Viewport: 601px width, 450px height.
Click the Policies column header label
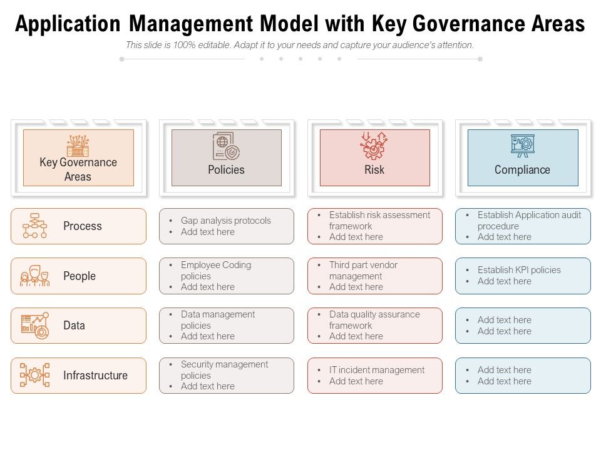tap(226, 170)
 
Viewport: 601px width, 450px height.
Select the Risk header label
tap(374, 170)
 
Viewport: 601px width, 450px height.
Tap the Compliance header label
tap(522, 170)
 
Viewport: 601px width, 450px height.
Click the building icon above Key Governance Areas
tap(78, 146)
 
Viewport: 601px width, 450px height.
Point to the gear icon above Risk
tap(374, 146)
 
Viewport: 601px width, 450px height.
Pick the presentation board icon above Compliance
tap(523, 146)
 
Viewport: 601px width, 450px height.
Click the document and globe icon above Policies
tap(226, 147)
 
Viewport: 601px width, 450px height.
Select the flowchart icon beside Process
tap(35, 226)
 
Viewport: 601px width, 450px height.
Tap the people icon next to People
tap(35, 276)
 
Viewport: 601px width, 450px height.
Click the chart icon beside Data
tap(35, 326)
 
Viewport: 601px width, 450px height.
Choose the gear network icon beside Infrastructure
tap(35, 375)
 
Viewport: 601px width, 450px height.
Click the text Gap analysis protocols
tap(226, 221)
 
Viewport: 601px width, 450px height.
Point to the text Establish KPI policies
tap(519, 270)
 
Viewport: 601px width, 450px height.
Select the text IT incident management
tap(377, 370)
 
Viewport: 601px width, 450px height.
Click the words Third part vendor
tap(363, 265)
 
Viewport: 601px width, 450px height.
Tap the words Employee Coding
tap(215, 265)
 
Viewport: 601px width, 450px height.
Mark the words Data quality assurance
tap(374, 314)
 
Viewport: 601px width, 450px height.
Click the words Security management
tap(224, 364)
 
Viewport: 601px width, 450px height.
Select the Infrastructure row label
tap(95, 376)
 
